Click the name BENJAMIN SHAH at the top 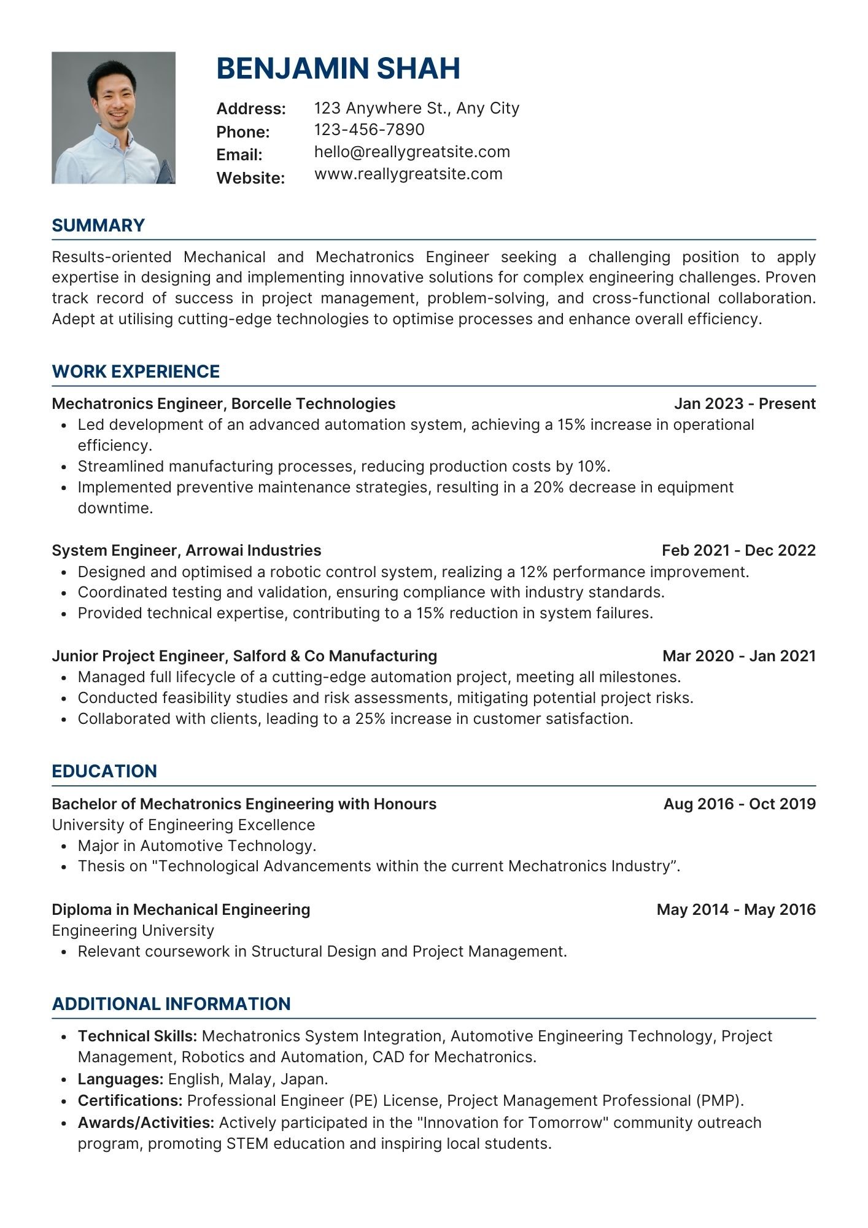coord(338,68)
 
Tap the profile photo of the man coord(114,118)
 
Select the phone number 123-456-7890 coord(369,130)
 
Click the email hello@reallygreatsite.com coord(412,152)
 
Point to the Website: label coord(250,178)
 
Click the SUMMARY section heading coord(98,225)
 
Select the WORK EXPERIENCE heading coord(136,371)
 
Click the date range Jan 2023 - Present coord(745,403)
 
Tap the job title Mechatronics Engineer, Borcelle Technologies coord(223,403)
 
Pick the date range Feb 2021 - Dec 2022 coord(738,550)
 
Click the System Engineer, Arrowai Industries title coord(187,550)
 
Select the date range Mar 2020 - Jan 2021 coord(739,656)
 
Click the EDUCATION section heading coord(104,771)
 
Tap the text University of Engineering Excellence coord(183,825)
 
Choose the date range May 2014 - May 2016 coord(736,909)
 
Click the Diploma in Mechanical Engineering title coord(181,909)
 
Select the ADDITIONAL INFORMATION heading coord(171,1004)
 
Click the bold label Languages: coord(120,1079)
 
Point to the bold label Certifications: coord(130,1100)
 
